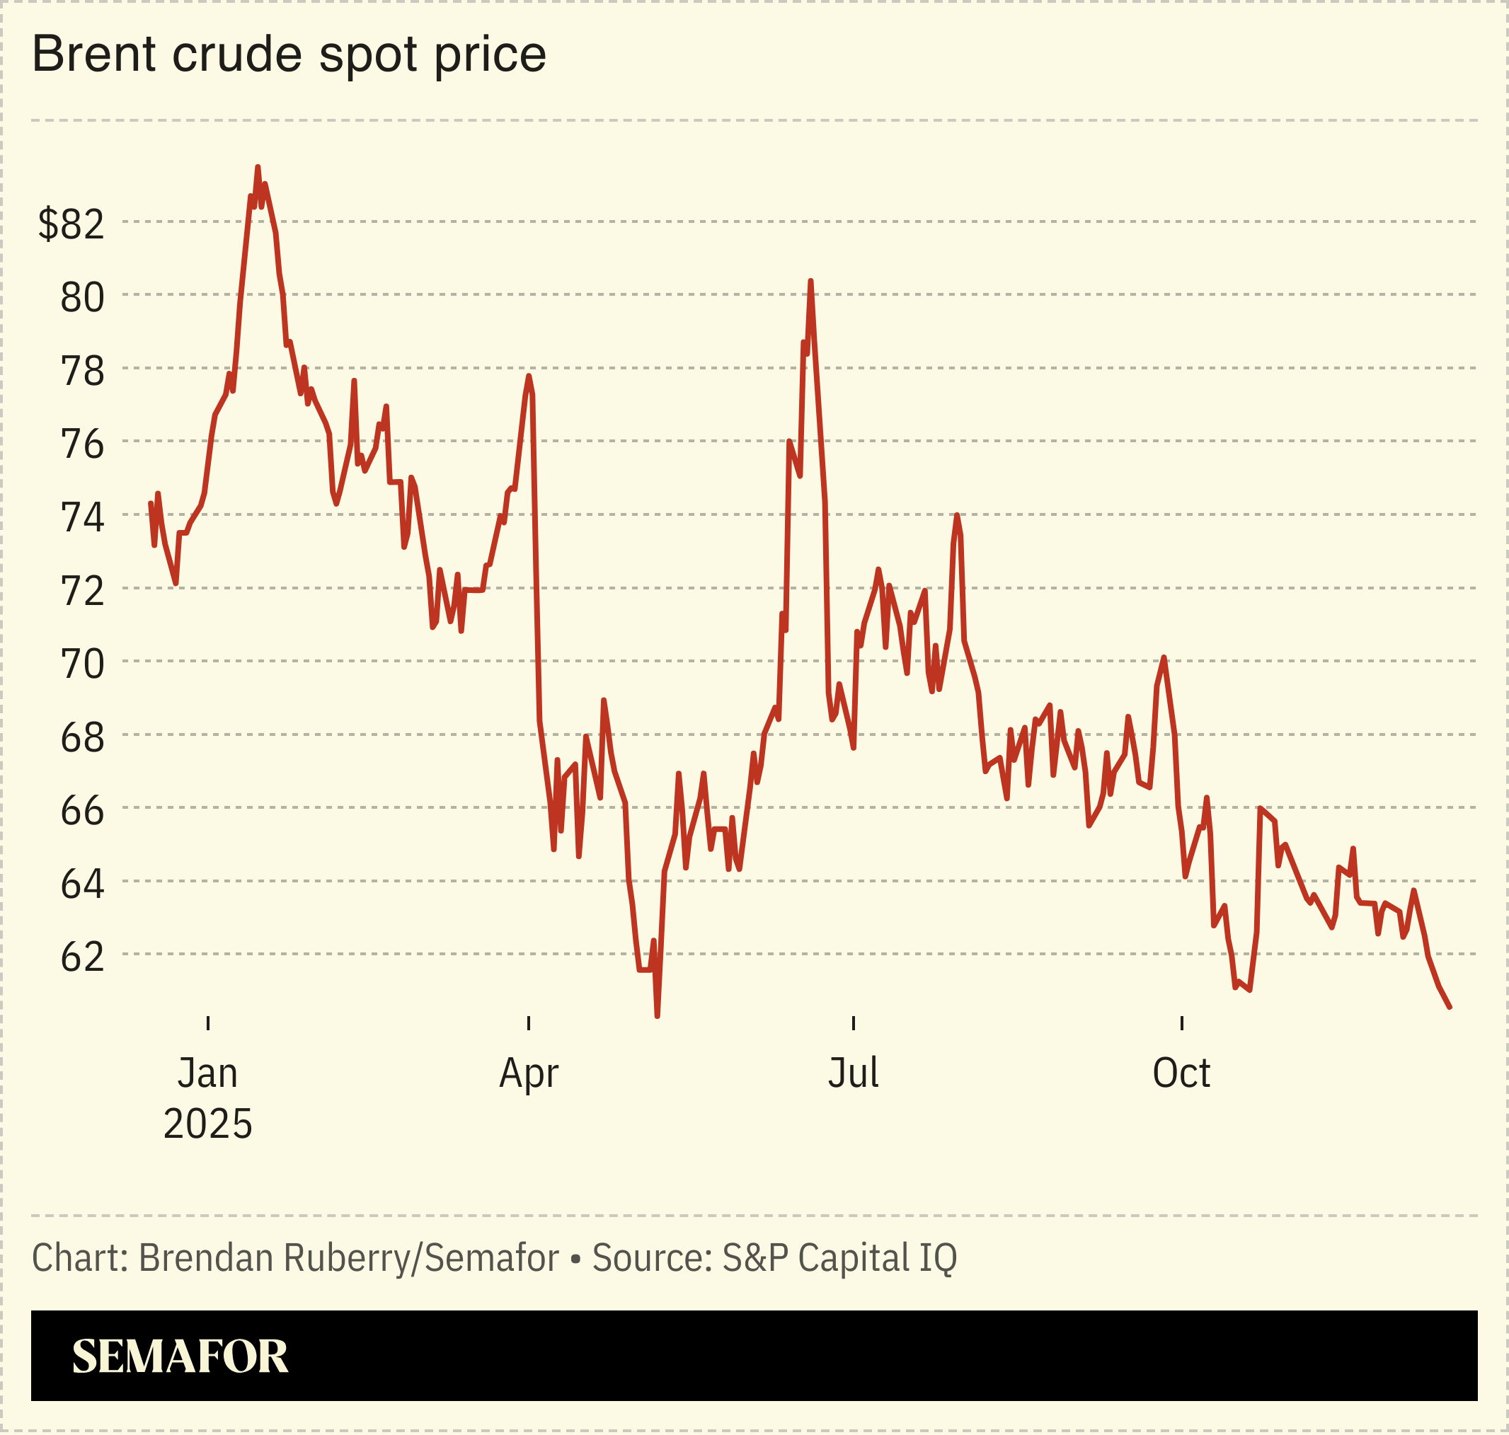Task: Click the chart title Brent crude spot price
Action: (x=289, y=54)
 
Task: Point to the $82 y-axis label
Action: (x=71, y=224)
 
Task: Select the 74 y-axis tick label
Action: (x=82, y=517)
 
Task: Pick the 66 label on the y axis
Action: (x=82, y=810)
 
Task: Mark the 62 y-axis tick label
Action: (x=82, y=957)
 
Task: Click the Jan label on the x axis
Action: (x=207, y=1073)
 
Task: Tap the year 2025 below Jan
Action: (x=207, y=1124)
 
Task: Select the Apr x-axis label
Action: (x=529, y=1073)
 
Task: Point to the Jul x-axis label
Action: (x=853, y=1073)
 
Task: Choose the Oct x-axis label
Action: (x=1181, y=1073)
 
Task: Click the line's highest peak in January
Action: (x=258, y=167)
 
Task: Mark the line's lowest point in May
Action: (x=658, y=1016)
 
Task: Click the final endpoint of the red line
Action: (x=1450, y=1008)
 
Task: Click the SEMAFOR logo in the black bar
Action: (x=180, y=1356)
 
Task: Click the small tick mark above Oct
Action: (x=1181, y=1022)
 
